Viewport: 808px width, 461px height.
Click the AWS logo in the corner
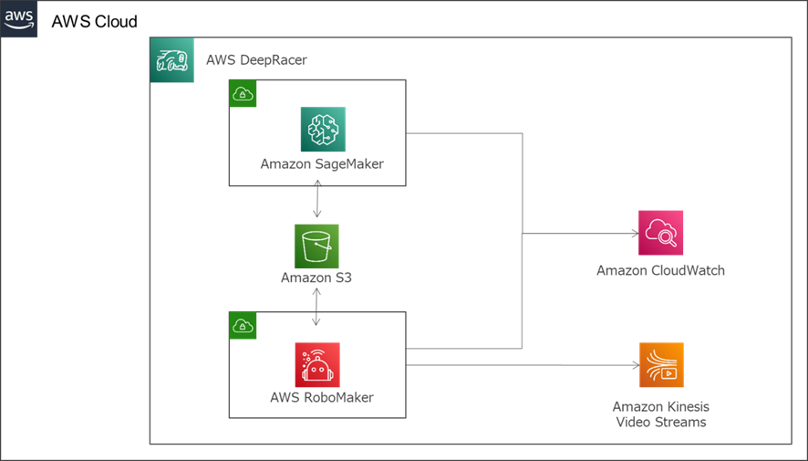coord(19,19)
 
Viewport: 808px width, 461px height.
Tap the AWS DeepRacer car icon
coord(172,60)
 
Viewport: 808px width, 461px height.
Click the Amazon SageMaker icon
coord(323,130)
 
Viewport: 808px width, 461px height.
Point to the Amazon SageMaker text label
coord(322,164)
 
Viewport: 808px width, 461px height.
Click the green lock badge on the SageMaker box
coord(243,93)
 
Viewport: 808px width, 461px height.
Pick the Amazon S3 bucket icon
coord(316,246)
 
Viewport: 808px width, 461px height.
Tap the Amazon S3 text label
coord(316,278)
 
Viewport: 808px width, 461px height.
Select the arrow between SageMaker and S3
coord(316,200)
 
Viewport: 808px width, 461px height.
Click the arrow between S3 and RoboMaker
coord(316,308)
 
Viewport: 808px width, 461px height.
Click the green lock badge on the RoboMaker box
coord(243,325)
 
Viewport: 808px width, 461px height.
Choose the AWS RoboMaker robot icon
coord(316,365)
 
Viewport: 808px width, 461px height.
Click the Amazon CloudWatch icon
coord(661,233)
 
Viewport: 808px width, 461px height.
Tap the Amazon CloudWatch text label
coord(661,270)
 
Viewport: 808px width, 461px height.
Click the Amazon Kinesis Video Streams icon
coord(661,365)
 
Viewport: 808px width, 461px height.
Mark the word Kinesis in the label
coord(687,406)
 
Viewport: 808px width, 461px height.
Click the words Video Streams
coord(661,422)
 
